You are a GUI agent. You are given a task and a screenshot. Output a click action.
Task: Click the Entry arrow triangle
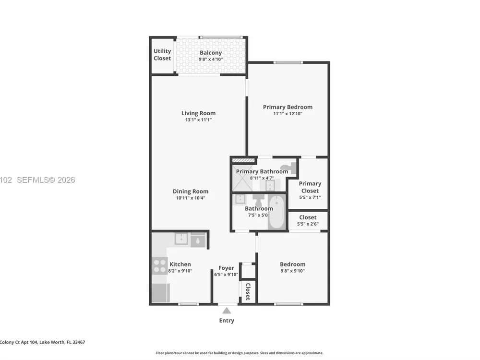coord(227,311)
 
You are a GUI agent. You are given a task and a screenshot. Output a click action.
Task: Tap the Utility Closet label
coord(162,55)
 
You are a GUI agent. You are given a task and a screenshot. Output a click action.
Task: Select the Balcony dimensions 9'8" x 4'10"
coord(211,60)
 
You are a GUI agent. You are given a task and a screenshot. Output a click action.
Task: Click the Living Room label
coord(198,113)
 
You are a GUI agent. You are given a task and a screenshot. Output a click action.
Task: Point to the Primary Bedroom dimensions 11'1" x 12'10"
coord(288,114)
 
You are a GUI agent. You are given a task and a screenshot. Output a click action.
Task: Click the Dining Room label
coord(191,192)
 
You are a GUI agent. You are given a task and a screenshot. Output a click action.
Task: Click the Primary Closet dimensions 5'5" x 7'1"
coord(310,197)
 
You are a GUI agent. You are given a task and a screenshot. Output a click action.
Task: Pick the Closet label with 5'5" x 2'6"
coord(308,217)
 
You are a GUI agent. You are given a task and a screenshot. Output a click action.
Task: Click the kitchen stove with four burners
coord(160,266)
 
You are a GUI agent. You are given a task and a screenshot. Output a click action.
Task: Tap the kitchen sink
coord(181,239)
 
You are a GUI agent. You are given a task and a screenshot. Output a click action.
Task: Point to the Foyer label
coord(226,268)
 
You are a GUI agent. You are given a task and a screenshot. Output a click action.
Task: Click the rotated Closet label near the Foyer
coord(248,291)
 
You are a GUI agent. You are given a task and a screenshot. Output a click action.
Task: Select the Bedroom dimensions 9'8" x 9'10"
coord(293,271)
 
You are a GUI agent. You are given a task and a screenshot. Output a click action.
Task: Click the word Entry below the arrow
coord(227,321)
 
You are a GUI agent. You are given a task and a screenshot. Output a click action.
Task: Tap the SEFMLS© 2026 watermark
coord(46,180)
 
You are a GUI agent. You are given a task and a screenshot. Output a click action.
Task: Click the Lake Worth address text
coord(43,342)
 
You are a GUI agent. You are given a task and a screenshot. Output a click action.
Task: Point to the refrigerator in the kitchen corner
coord(161,293)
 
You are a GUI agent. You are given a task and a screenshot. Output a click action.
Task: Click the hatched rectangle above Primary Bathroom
coord(243,160)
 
